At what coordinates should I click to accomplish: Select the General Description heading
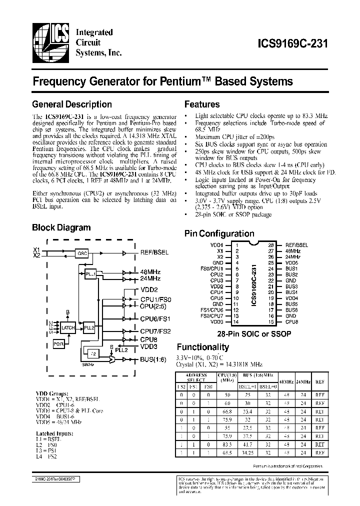coord(71,104)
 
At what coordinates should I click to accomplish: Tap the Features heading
coord(202,104)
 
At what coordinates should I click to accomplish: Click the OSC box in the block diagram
coord(82,253)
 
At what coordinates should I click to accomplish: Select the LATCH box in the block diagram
coord(68,328)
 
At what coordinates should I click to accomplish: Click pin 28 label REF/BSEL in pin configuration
coord(296,245)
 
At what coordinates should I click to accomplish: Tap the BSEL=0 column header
coord(268,386)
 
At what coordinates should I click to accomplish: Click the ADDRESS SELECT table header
coord(195,376)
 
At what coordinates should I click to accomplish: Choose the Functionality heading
coord(203,347)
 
